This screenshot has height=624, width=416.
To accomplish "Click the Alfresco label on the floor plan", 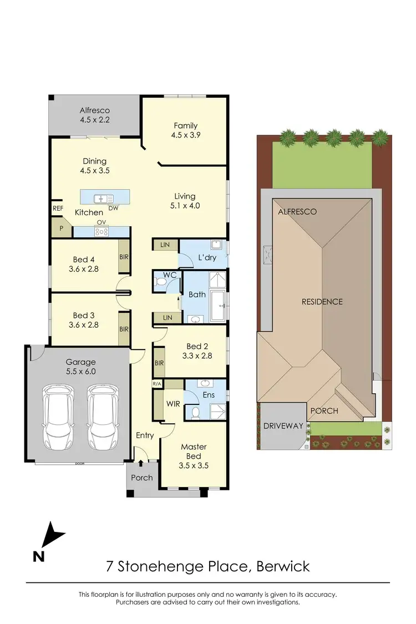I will click(x=94, y=110).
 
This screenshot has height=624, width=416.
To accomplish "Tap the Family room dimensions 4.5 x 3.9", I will click(x=185, y=135).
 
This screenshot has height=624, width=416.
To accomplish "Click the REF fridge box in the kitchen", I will click(x=58, y=209).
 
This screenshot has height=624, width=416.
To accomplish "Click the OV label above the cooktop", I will click(x=101, y=223).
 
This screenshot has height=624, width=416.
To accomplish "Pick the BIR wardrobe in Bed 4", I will click(x=124, y=257).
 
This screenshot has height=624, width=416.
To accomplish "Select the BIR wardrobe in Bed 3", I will click(x=124, y=328).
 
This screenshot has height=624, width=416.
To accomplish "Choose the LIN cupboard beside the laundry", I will click(x=165, y=245).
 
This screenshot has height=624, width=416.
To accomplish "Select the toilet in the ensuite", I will click(x=195, y=413).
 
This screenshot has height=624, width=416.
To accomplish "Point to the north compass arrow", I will click(x=52, y=536).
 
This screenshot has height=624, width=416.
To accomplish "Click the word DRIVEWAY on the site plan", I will click(x=283, y=426).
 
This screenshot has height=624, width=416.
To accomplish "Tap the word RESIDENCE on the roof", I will click(x=322, y=302).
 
